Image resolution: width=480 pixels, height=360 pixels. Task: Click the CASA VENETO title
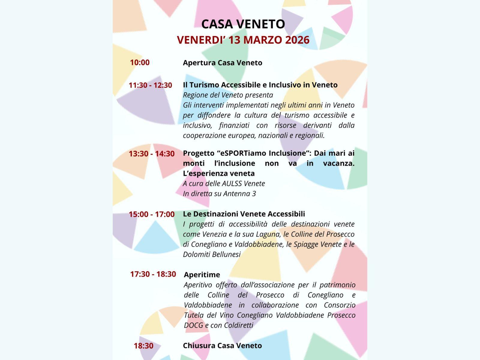point(243,24)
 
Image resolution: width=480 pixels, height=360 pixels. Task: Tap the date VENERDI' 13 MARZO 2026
point(243,40)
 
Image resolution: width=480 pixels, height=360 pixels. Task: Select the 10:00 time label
point(139,62)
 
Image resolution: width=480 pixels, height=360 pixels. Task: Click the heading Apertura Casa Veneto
point(223,63)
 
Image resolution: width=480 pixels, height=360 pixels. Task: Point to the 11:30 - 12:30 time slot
point(150,85)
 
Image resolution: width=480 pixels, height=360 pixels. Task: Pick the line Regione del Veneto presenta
point(228,95)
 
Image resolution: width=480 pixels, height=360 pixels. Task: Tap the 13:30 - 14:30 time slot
point(151,154)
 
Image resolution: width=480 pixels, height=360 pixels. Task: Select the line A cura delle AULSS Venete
point(224,183)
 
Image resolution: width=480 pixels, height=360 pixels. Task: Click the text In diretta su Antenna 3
point(219,193)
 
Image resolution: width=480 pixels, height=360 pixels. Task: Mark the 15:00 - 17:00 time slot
point(151,214)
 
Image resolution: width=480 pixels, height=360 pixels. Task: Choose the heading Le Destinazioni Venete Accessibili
point(244,214)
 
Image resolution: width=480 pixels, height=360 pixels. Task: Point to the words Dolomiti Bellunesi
point(212,254)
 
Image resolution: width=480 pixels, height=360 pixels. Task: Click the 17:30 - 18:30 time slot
point(153,274)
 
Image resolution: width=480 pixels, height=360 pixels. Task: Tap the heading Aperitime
point(202,274)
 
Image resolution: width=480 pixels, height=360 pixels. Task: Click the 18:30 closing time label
point(143,346)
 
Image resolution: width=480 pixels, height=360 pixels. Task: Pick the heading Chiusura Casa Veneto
point(222,346)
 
